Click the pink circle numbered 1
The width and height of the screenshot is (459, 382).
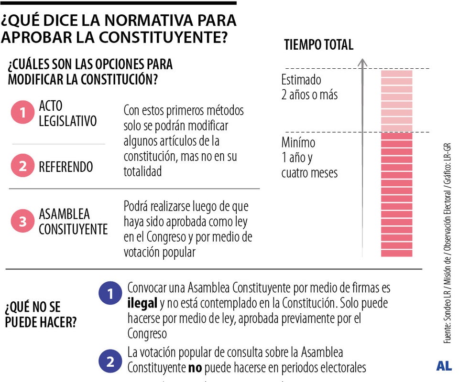point(22,113)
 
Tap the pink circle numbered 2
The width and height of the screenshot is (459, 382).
point(22,167)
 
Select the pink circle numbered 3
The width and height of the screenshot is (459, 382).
point(22,221)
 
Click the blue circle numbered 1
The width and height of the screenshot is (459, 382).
point(110,294)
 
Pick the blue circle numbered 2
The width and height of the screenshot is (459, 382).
point(110,361)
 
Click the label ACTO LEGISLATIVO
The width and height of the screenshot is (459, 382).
point(67,114)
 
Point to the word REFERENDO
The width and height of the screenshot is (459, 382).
point(66,167)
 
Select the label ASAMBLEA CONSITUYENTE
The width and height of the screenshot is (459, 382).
point(73,222)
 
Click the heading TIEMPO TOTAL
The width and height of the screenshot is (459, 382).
point(318,45)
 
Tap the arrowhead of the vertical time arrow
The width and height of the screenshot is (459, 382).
point(362,62)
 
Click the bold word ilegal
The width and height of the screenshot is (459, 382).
point(142,303)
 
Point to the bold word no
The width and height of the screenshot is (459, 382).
point(195,368)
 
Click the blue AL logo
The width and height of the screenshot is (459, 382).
point(444,366)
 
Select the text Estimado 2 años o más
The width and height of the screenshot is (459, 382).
point(309,87)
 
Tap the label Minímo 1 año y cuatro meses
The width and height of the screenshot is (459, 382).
point(309,157)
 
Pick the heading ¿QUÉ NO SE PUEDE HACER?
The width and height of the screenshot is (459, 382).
point(40,314)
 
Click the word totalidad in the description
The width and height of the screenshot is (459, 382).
point(143,171)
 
